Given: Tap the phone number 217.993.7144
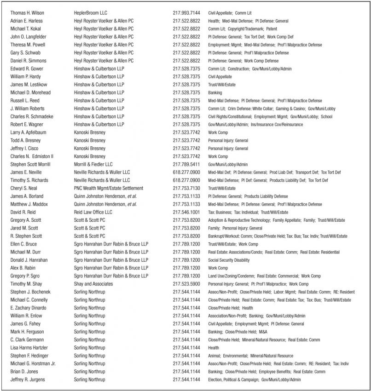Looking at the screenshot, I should click(x=186, y=13).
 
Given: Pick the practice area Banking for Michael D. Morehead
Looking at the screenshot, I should click(x=215, y=92).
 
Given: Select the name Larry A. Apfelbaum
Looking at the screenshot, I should click(x=28, y=132).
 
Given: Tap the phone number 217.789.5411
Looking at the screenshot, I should click(x=186, y=164).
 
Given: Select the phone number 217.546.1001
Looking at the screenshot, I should click(x=186, y=212).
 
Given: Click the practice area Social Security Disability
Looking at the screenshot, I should click(x=231, y=260).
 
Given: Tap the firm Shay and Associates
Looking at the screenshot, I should click(x=93, y=284).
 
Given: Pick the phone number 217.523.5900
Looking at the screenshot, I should click(x=186, y=284).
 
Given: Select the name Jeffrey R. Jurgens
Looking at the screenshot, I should click(x=28, y=379).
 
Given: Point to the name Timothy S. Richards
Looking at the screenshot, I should click(x=29, y=180).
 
